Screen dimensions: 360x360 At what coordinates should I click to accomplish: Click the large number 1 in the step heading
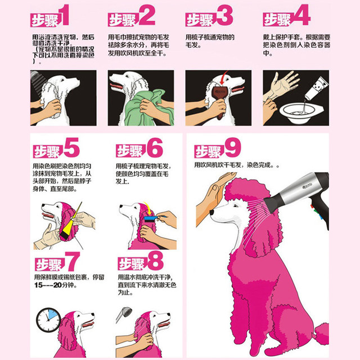[x=64, y=15]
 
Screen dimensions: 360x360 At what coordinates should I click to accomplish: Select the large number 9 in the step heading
[x=232, y=148]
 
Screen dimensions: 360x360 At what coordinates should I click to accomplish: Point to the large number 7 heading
[x=73, y=261]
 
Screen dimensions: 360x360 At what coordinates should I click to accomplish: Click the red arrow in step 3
[x=223, y=78]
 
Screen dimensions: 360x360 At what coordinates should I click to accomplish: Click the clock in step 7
[x=48, y=320]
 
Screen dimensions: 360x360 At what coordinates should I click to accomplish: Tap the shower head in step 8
[x=124, y=314]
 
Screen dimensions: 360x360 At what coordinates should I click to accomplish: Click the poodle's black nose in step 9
[x=212, y=212]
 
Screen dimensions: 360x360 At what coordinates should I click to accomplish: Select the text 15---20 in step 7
[x=48, y=285]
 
